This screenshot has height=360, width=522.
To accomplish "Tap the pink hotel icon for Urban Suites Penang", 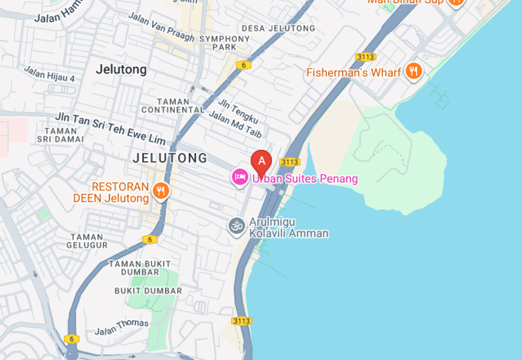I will tap(239, 177).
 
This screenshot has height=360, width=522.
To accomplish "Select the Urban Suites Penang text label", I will tap(305, 179).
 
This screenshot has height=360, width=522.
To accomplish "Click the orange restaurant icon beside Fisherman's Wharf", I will tap(413, 72).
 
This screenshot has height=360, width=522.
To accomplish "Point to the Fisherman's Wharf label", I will tap(354, 72).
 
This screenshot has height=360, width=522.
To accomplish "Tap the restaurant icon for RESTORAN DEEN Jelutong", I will tap(161, 191).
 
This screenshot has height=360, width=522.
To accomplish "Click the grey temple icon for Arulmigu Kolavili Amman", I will tap(236, 226).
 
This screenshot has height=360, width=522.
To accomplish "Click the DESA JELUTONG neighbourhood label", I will tap(278, 29).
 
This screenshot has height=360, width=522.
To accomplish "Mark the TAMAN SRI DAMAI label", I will tap(60, 134).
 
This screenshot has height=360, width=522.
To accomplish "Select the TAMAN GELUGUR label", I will tap(87, 241).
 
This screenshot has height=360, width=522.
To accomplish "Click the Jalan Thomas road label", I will tap(121, 327).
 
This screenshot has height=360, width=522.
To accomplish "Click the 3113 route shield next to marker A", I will tap(289, 162).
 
